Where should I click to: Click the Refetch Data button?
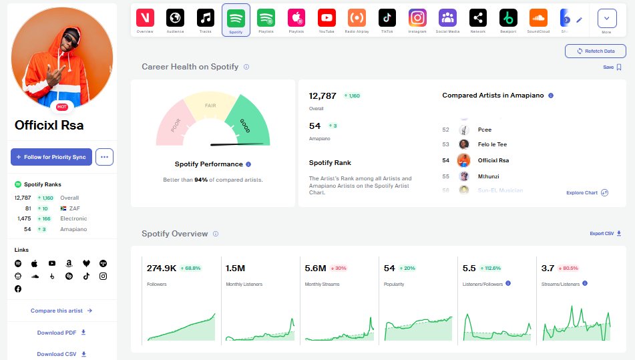(x=595, y=51)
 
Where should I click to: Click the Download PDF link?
(x=61, y=333)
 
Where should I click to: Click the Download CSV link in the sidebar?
(x=61, y=354)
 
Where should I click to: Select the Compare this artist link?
(x=61, y=311)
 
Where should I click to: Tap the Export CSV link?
(x=606, y=234)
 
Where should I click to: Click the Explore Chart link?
(x=586, y=192)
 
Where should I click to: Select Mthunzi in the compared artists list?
(x=489, y=176)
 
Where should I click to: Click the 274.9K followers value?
(x=161, y=268)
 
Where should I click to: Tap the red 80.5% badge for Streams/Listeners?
(x=569, y=268)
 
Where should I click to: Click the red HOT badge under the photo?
(x=62, y=107)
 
